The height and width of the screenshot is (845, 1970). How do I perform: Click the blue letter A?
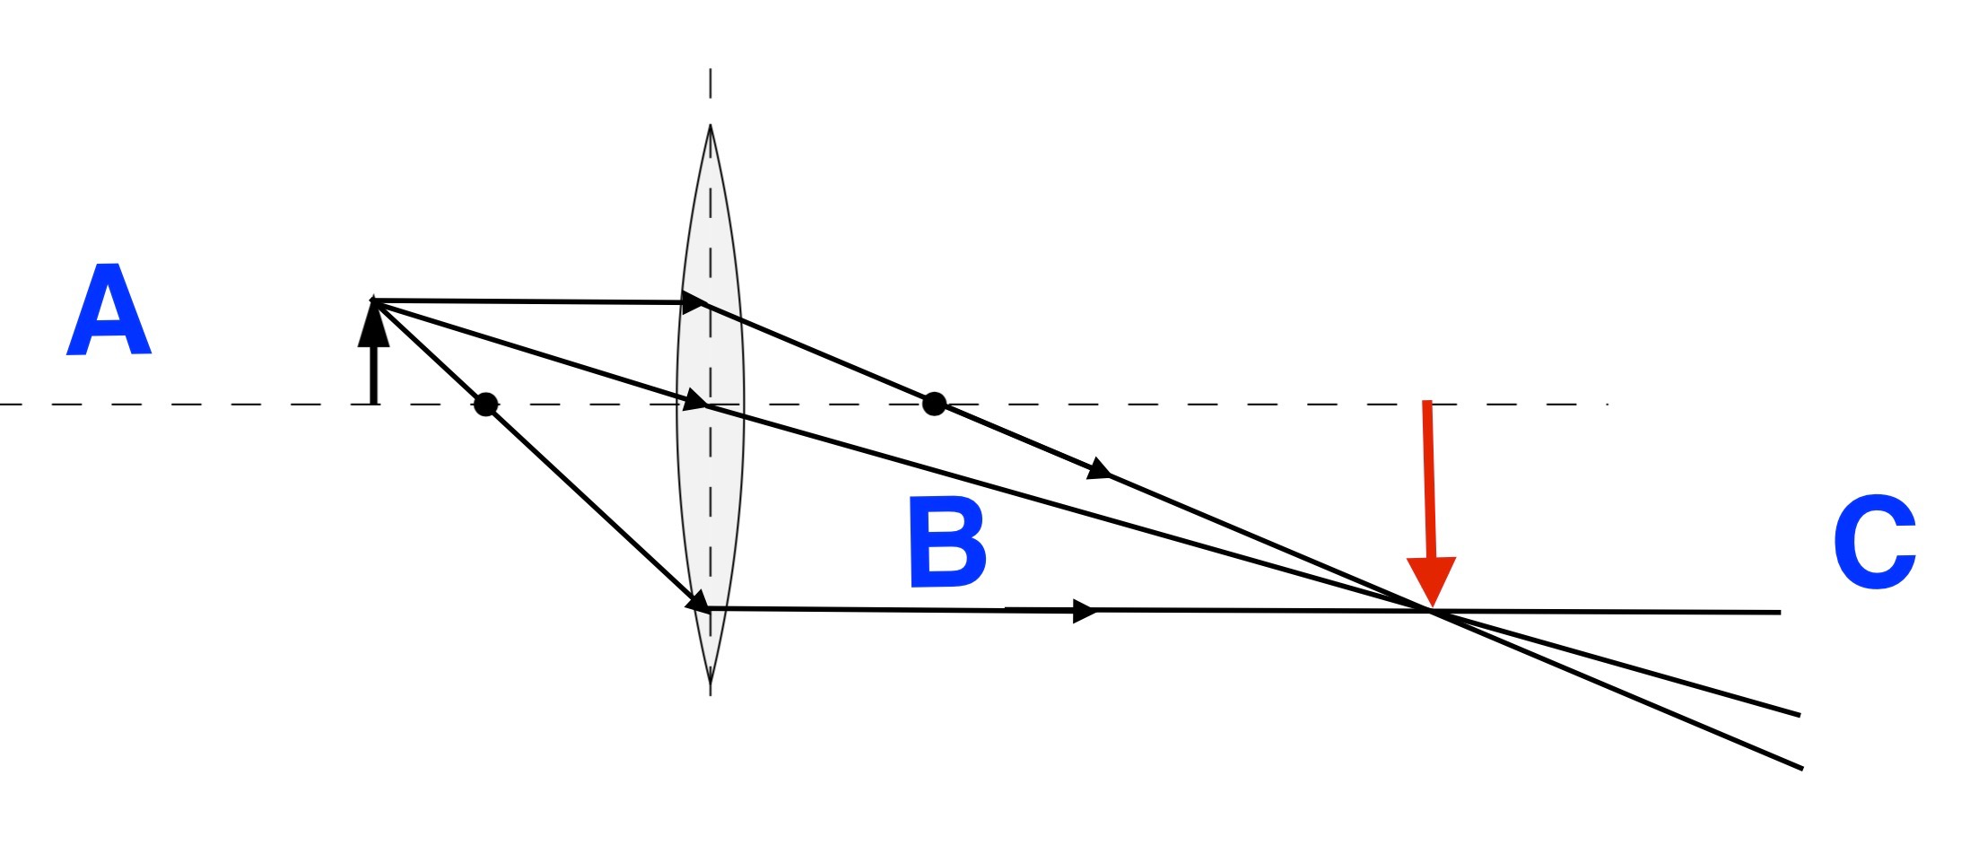tap(109, 310)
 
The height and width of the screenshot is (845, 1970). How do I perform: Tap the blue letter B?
tap(946, 542)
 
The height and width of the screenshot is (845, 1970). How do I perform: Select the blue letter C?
tap(1874, 542)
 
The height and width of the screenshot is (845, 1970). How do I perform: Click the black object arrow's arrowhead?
tap(373, 325)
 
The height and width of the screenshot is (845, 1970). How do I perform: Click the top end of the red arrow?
tap(1426, 403)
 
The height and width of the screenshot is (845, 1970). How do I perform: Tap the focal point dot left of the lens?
tap(485, 405)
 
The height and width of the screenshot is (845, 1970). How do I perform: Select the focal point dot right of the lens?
tap(934, 404)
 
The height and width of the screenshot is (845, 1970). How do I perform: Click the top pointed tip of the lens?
tap(710, 126)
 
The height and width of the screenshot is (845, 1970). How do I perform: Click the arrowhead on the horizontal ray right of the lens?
tap(1085, 611)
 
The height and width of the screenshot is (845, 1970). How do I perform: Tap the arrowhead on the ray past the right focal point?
tap(1100, 470)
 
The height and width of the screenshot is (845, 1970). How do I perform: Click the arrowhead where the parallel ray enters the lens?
tap(693, 302)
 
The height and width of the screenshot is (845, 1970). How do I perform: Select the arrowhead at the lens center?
tap(695, 400)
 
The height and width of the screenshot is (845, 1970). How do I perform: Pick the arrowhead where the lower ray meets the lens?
tap(697, 603)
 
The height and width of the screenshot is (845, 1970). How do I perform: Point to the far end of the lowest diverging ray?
tap(1801, 768)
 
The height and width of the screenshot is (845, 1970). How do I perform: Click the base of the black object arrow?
tap(373, 403)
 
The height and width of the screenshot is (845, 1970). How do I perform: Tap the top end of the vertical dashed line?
tap(710, 70)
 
